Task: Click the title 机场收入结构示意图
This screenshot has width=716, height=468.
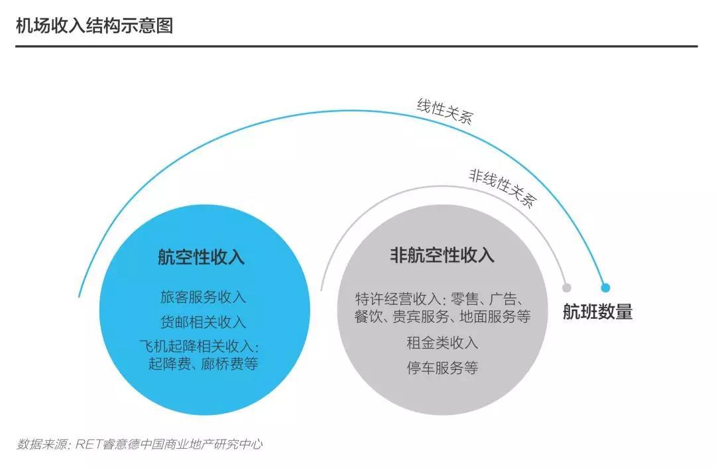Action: (x=95, y=26)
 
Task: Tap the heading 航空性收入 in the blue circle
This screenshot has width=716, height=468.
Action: (x=202, y=257)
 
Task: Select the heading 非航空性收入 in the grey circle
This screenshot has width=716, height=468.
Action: (x=442, y=255)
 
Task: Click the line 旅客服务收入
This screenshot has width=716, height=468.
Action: (x=204, y=297)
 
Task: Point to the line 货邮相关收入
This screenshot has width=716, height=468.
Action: (x=204, y=322)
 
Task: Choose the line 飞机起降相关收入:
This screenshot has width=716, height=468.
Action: (x=200, y=347)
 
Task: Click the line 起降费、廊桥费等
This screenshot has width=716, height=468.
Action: (x=204, y=364)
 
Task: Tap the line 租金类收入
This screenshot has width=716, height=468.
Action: (x=442, y=343)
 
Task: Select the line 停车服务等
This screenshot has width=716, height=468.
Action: (x=442, y=367)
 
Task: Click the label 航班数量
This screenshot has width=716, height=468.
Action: (x=598, y=312)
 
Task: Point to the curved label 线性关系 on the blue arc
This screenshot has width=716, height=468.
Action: (x=445, y=111)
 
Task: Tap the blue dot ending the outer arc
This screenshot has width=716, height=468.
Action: (x=605, y=288)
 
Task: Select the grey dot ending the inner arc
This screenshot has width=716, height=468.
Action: (x=567, y=288)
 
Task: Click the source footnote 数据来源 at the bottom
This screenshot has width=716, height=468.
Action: (x=42, y=443)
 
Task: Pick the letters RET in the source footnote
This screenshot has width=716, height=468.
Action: (x=89, y=443)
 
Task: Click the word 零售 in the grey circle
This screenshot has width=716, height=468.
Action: (x=464, y=300)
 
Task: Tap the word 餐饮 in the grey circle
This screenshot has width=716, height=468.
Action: (x=369, y=316)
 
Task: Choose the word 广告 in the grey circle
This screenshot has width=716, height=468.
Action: (x=503, y=300)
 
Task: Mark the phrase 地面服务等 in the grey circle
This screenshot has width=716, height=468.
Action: (x=495, y=316)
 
